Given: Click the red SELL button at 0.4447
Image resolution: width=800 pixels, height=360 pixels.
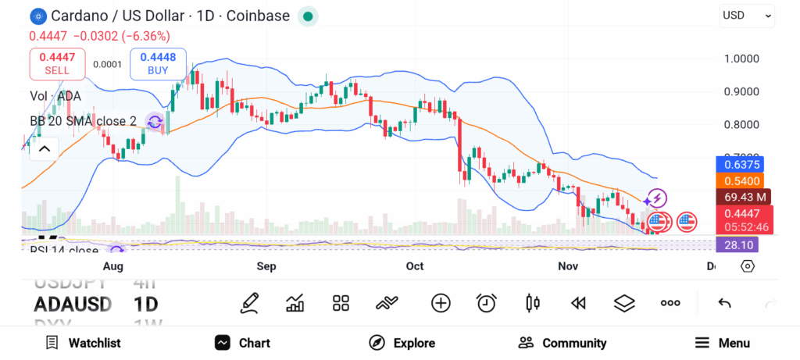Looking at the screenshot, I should (57, 63).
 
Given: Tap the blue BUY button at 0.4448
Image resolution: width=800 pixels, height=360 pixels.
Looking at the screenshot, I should (159, 63).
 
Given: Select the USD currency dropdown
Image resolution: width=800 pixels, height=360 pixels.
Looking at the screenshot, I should (746, 15).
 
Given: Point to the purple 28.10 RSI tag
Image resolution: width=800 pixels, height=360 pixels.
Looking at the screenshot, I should (738, 245).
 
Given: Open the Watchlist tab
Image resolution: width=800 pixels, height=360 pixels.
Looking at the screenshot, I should (83, 343).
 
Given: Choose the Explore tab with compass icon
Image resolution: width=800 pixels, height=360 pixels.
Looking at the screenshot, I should (402, 343).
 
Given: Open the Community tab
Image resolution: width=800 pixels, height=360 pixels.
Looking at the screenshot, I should (562, 343).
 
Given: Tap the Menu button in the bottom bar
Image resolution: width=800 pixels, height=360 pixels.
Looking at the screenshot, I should (722, 343).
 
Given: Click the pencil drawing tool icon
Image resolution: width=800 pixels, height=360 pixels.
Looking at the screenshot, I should (249, 303).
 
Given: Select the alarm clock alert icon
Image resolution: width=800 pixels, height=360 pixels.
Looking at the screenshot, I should (487, 303).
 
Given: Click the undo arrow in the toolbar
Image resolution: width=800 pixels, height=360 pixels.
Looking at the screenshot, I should (724, 303).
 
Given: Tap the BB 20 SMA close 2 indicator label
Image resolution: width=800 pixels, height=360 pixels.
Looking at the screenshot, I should (83, 121).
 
